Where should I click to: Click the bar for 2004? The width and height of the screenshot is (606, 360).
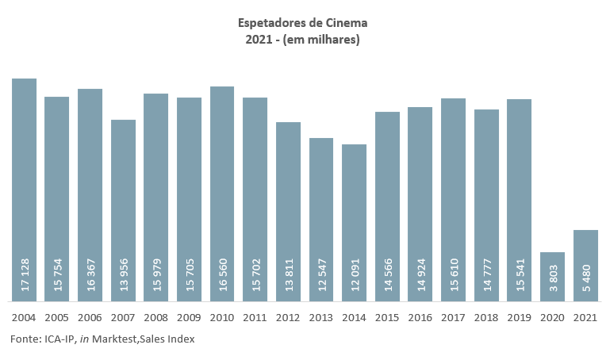pos(24,190)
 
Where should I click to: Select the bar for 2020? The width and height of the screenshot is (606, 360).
pos(552,277)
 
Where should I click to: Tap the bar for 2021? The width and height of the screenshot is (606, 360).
pos(585,266)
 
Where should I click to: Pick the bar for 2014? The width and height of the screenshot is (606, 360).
pos(354,223)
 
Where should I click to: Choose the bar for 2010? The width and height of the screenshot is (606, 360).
pos(222,194)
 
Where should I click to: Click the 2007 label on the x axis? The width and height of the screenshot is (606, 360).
pos(123,317)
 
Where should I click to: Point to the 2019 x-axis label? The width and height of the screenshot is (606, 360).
pos(520,317)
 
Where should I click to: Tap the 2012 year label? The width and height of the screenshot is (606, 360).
pos(288,317)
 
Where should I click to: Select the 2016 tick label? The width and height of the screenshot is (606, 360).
pos(420,317)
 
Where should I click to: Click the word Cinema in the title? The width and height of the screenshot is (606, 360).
pos(345,22)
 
